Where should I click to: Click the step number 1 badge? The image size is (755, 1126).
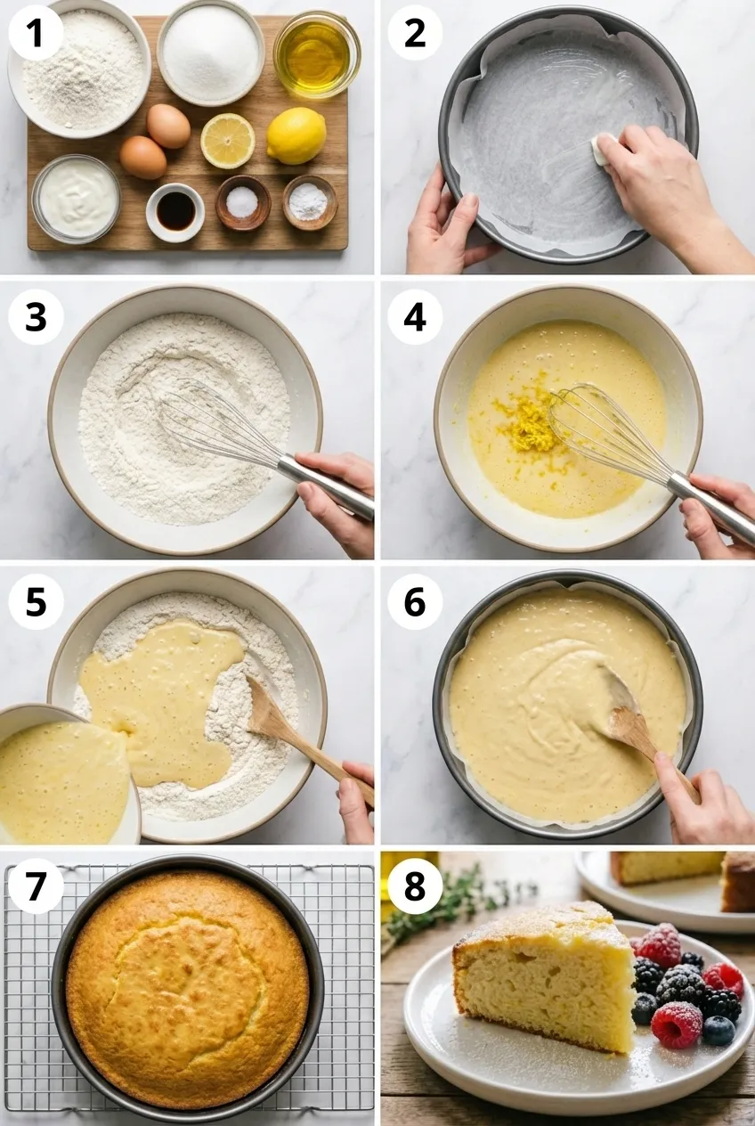(x=36, y=33)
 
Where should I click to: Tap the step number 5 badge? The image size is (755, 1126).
(x=36, y=601)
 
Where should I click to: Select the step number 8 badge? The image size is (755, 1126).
(x=415, y=885)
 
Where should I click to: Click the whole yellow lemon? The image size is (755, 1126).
(x=296, y=135)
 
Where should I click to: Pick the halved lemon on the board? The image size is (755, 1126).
(x=228, y=141)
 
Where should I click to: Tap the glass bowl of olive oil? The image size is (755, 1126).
(x=317, y=55)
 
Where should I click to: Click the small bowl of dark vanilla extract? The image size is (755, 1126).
(x=175, y=212)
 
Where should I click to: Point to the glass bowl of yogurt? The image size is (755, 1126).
(x=77, y=199)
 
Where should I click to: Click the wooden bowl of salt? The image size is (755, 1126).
(x=243, y=202)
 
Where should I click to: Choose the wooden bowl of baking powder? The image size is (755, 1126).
(x=310, y=202)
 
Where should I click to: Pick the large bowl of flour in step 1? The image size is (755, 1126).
(x=79, y=68)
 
